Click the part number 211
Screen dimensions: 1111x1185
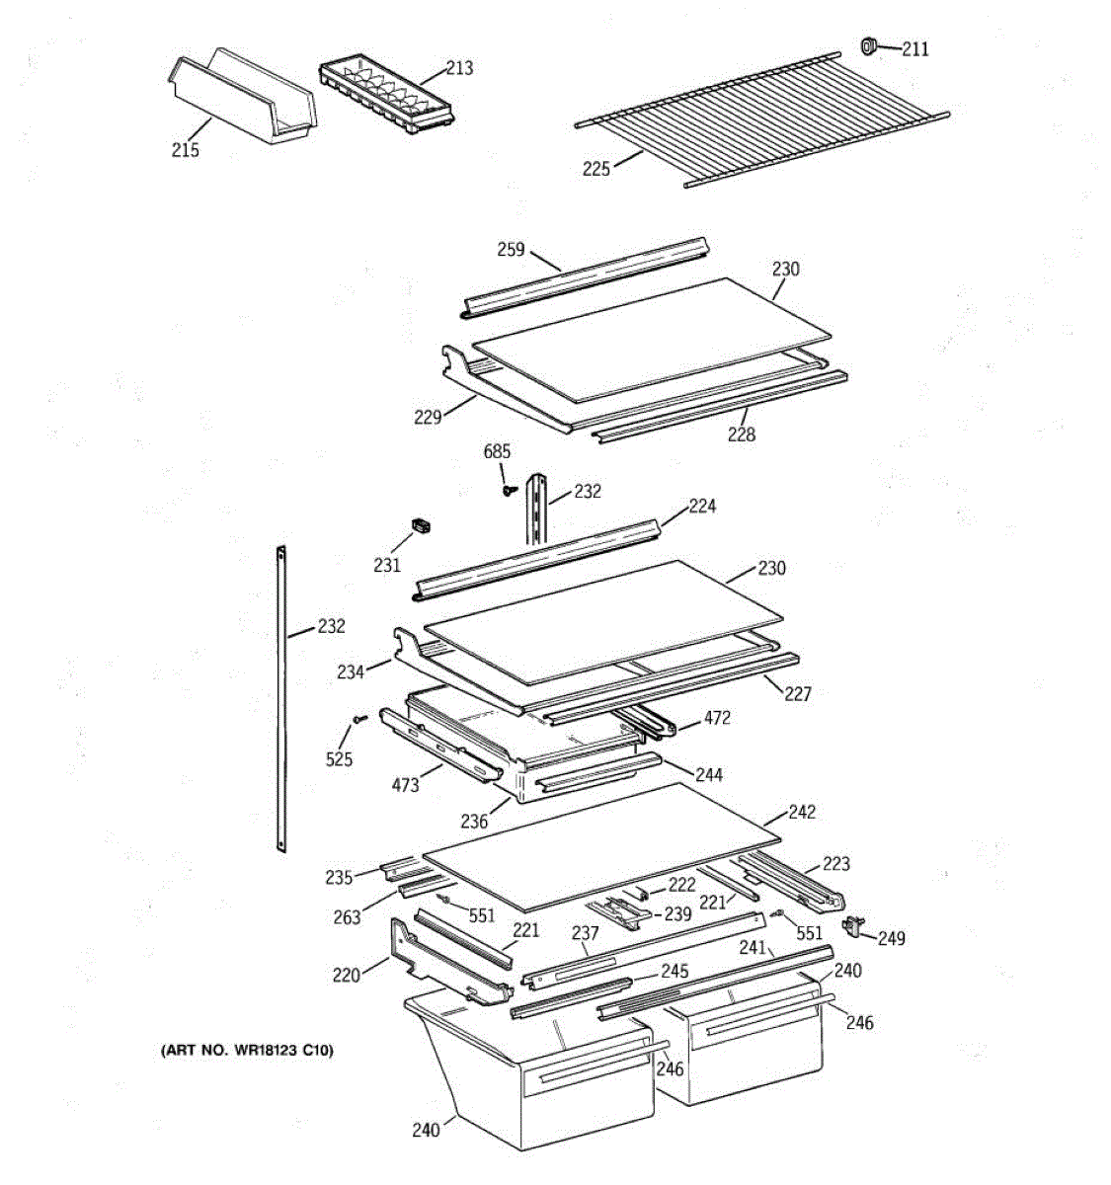point(915,49)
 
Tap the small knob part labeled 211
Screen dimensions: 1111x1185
point(869,45)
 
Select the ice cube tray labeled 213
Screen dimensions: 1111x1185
point(387,94)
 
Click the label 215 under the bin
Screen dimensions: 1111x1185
point(185,150)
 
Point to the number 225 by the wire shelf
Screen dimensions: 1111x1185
point(596,170)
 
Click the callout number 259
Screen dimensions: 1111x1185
point(511,250)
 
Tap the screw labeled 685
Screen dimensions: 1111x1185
point(510,490)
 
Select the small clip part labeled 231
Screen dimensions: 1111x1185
point(421,525)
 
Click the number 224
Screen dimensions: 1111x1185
point(702,506)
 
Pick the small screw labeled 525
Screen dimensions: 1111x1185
point(359,718)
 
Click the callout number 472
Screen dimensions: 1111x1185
point(717,718)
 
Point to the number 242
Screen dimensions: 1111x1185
point(801,812)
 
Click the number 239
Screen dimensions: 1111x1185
point(677,914)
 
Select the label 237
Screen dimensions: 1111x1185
point(585,933)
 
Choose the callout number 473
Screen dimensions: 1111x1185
point(405,785)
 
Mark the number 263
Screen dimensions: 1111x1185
point(347,917)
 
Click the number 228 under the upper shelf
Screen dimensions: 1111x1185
point(742,434)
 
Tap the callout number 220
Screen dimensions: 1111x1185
point(347,976)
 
